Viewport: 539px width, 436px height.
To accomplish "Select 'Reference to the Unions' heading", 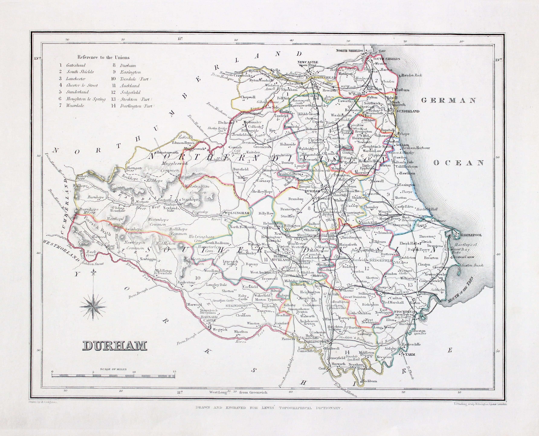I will point(103,57).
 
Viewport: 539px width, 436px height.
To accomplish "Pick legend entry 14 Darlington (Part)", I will point(133,106).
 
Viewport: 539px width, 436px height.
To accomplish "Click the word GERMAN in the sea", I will point(449,101).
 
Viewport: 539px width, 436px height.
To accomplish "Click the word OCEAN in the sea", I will point(459,163).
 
